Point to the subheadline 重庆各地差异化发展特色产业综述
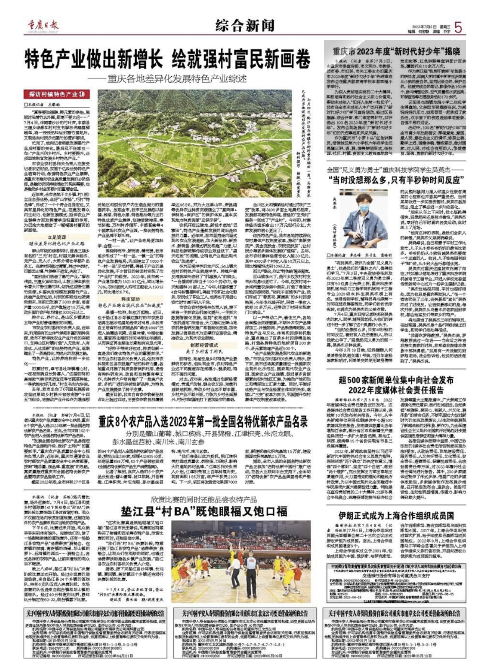pos(176,79)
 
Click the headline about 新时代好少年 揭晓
pos(396,52)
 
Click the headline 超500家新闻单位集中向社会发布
pos(396,380)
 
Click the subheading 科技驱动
pos(130,299)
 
